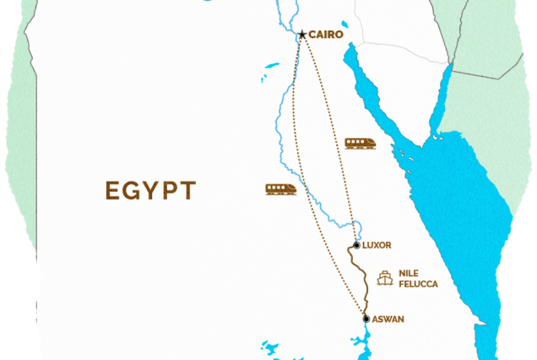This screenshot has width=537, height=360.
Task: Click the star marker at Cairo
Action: click(x=301, y=35)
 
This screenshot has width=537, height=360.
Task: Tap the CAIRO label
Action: click(x=324, y=35)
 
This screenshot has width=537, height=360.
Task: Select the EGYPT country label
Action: click(x=150, y=190)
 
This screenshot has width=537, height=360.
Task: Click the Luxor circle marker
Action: click(x=356, y=245)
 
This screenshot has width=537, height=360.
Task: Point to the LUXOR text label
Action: click(x=377, y=245)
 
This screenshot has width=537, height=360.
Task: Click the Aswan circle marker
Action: click(x=366, y=319)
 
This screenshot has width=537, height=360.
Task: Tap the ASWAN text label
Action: click(x=388, y=319)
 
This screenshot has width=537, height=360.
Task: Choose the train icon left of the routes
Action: click(x=280, y=189)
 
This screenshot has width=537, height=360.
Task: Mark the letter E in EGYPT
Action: click(x=112, y=190)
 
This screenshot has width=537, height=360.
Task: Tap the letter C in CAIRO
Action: click(x=311, y=35)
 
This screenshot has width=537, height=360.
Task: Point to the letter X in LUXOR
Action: click(x=378, y=245)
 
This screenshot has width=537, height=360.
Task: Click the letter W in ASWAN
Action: click(x=388, y=319)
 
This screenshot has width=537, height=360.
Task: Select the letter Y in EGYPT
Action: click(x=151, y=190)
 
